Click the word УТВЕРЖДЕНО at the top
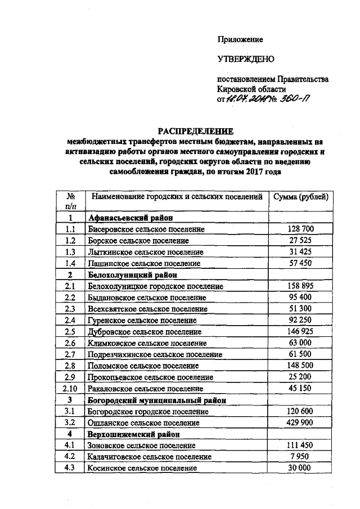point(245,59)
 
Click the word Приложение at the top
point(240,39)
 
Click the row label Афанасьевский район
point(129,218)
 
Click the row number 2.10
point(71,388)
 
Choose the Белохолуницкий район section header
point(132,274)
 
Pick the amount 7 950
point(304,456)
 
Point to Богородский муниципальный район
point(157,400)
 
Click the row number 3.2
point(71,422)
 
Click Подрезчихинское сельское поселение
point(155,354)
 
